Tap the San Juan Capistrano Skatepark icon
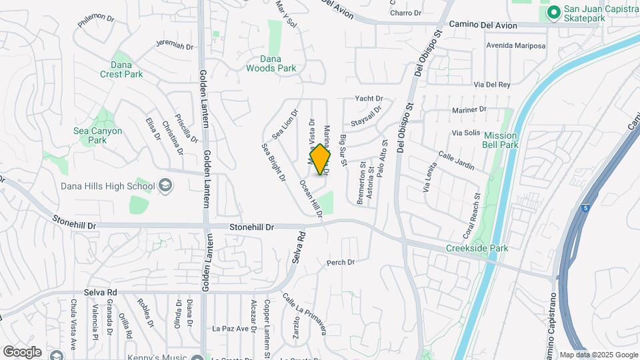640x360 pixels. pyautogui.click(x=553, y=13)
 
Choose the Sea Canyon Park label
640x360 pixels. pyautogui.click(x=97, y=135)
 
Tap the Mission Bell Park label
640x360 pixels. pyautogui.click(x=501, y=140)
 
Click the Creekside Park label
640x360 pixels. pyautogui.click(x=477, y=248)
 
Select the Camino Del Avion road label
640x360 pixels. pyautogui.click(x=483, y=25)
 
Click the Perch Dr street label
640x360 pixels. pyautogui.click(x=341, y=263)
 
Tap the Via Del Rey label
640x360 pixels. pyautogui.click(x=491, y=85)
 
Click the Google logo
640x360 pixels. pyautogui.click(x=22, y=351)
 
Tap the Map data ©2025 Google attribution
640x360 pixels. pyautogui.click(x=598, y=355)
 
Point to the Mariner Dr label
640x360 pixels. pyautogui.click(x=470, y=109)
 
